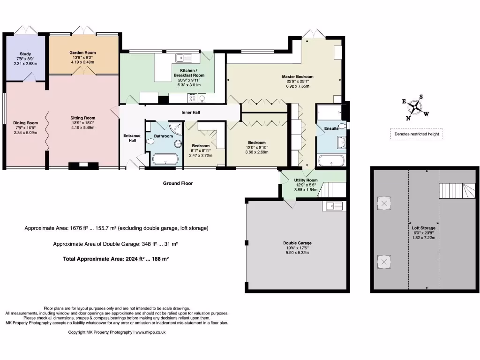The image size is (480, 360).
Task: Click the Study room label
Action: pyautogui.click(x=25, y=54)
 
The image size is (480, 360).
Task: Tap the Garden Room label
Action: pyautogui.click(x=82, y=52)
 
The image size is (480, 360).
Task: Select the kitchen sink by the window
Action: pyautogui.click(x=184, y=58)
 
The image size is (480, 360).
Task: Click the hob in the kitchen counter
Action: pyautogui.click(x=192, y=98)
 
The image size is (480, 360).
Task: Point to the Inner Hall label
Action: pyautogui.click(x=191, y=112)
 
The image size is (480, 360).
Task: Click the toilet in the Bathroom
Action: pyautogui.click(x=150, y=142)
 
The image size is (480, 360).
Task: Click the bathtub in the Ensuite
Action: pyautogui.click(x=331, y=160)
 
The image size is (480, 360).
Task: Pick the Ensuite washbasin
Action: pyautogui.click(x=341, y=142)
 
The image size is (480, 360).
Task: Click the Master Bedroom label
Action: pyautogui.click(x=298, y=76)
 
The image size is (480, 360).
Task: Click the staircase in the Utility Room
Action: pyautogui.click(x=331, y=189)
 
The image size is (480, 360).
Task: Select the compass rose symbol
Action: pyautogui.click(x=415, y=108)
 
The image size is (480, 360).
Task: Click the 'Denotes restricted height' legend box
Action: pyautogui.click(x=417, y=134)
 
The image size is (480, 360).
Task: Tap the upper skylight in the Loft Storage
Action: pyautogui.click(x=384, y=203)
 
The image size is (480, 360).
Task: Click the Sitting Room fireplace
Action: pyautogui.click(x=83, y=165)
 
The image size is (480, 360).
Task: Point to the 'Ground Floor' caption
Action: pyautogui.click(x=178, y=183)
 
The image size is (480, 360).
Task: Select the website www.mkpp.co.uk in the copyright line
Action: pyautogui.click(x=150, y=332)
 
